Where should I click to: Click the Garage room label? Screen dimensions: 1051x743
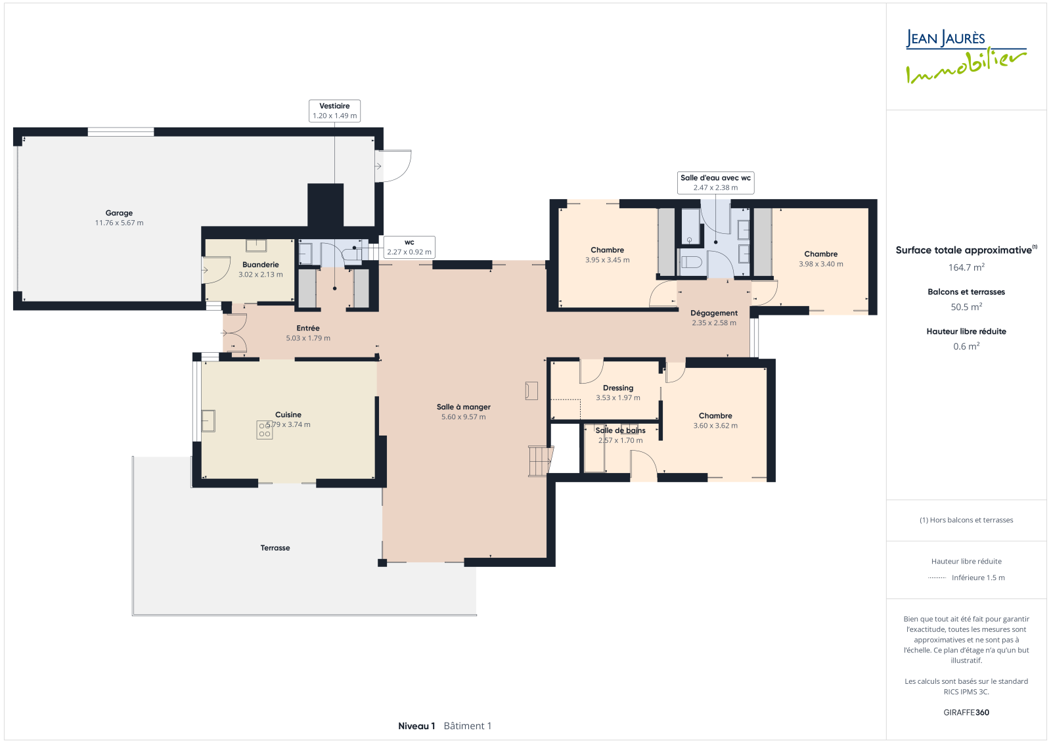click(119, 213)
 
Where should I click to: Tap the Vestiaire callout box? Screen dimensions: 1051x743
click(334, 111)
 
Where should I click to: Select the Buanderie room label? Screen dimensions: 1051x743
click(260, 265)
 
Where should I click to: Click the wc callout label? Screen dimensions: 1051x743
click(409, 248)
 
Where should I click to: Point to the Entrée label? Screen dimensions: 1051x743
click(308, 328)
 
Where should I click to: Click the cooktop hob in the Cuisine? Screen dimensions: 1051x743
click(264, 430)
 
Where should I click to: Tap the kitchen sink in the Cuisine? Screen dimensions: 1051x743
click(208, 420)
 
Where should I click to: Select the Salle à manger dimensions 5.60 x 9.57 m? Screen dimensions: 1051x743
click(464, 417)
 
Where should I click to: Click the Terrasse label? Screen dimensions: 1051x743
click(275, 548)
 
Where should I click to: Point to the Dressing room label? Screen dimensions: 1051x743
click(618, 388)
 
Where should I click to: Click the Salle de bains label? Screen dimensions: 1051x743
click(620, 430)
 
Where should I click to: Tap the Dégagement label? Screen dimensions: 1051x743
click(714, 313)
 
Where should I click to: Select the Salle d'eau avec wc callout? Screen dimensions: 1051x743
click(715, 183)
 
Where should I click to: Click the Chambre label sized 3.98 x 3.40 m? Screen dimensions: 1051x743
click(820, 254)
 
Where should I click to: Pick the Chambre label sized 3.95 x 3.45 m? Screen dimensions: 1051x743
click(607, 250)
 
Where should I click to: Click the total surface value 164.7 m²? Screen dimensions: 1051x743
click(966, 267)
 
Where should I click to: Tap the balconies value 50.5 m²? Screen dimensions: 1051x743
click(966, 307)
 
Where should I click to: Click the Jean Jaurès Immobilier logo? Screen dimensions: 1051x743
click(966, 56)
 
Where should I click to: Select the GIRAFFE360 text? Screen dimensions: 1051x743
click(966, 712)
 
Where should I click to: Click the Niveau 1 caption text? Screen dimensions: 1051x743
click(416, 726)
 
